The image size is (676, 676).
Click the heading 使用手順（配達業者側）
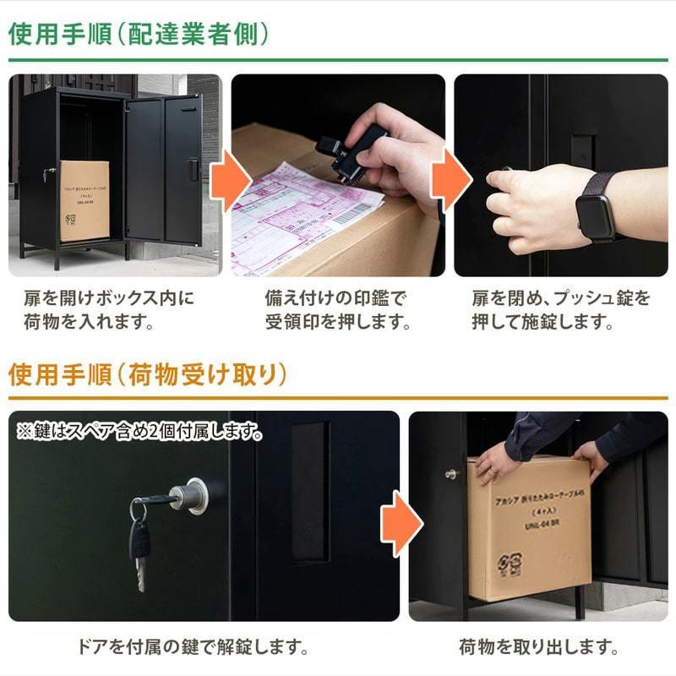[x=139, y=34]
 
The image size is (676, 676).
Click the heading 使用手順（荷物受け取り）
[x=148, y=374]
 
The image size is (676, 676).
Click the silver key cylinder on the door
[x=189, y=496]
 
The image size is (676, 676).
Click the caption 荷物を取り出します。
[x=538, y=648]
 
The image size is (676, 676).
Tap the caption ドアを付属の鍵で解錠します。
[x=197, y=648]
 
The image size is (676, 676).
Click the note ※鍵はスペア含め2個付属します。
[x=139, y=432]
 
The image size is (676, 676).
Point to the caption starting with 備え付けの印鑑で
[x=337, y=310]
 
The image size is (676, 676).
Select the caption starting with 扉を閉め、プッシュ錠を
[x=561, y=310]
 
